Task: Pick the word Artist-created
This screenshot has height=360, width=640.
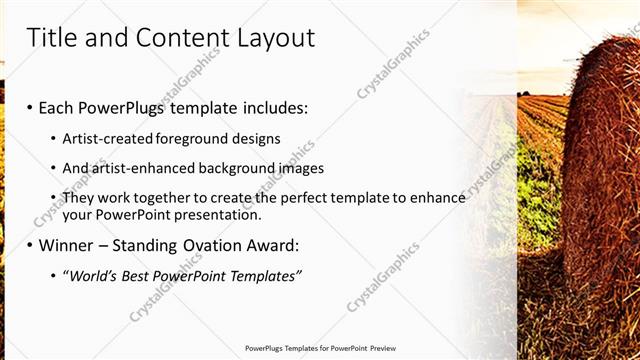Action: coord(107,138)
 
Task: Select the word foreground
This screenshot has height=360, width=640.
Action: coord(192,138)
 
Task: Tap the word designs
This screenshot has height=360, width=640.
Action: coord(255,138)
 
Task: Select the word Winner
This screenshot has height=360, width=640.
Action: coord(66,245)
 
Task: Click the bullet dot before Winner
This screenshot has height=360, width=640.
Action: coord(29,245)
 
